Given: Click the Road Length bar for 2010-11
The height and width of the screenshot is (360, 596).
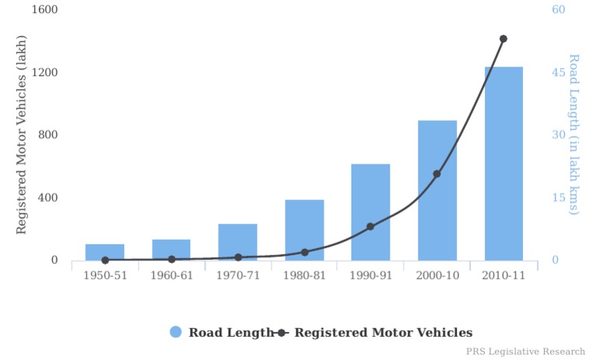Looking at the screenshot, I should click(x=504, y=163).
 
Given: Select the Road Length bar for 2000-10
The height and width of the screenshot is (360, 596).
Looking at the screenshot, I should click(x=437, y=190).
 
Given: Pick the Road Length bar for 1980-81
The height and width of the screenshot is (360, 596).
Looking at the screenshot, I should click(x=304, y=230).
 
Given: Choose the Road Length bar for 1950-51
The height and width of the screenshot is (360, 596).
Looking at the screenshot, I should click(x=105, y=252).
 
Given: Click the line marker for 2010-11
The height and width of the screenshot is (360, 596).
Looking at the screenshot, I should click(x=503, y=39).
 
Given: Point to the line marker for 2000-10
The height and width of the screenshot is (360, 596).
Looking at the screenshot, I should click(x=437, y=174).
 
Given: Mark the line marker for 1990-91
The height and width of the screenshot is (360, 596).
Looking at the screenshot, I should click(x=370, y=227).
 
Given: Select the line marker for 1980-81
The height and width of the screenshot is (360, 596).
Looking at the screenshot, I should click(x=304, y=252).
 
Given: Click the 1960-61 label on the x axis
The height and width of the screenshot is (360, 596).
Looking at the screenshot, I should click(x=172, y=276).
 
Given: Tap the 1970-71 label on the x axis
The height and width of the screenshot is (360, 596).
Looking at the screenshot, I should click(x=238, y=276).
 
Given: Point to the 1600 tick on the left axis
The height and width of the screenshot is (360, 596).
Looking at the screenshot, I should click(x=45, y=10).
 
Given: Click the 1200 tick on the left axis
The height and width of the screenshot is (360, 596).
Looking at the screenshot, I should click(x=45, y=73).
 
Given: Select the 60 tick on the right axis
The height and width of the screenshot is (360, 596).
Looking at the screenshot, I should click(x=558, y=10).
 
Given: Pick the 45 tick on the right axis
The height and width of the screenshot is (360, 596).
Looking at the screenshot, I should click(x=558, y=73).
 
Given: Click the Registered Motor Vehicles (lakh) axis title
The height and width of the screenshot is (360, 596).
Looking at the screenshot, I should click(x=22, y=135).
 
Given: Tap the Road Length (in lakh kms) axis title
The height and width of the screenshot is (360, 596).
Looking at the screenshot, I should click(x=574, y=134).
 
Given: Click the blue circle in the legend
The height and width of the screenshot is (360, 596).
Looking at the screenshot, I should click(x=176, y=332).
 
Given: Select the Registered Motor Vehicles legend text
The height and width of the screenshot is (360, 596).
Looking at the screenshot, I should click(x=383, y=332).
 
